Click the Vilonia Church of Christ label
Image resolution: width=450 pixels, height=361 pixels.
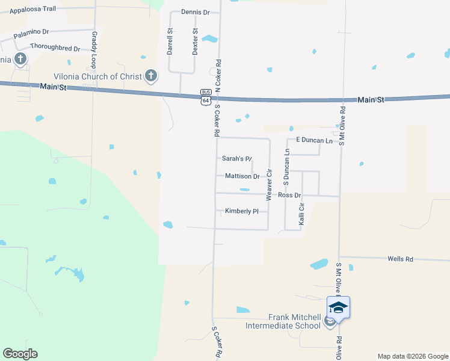[97, 76]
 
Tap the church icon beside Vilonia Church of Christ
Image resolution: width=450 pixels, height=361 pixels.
[150, 76]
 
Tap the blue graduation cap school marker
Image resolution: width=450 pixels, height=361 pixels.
[338, 307]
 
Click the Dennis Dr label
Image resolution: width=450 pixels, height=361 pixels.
[195, 12]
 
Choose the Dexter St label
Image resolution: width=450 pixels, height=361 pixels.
[195, 42]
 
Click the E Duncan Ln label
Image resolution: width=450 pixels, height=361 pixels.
[313, 140]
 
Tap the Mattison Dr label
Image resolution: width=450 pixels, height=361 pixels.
[242, 176]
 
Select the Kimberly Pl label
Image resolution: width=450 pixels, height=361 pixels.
[241, 211]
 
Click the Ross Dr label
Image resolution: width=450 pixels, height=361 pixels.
[289, 196]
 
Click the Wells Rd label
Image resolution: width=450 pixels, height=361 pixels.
[400, 259]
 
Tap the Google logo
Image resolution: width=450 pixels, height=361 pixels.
[20, 354]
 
